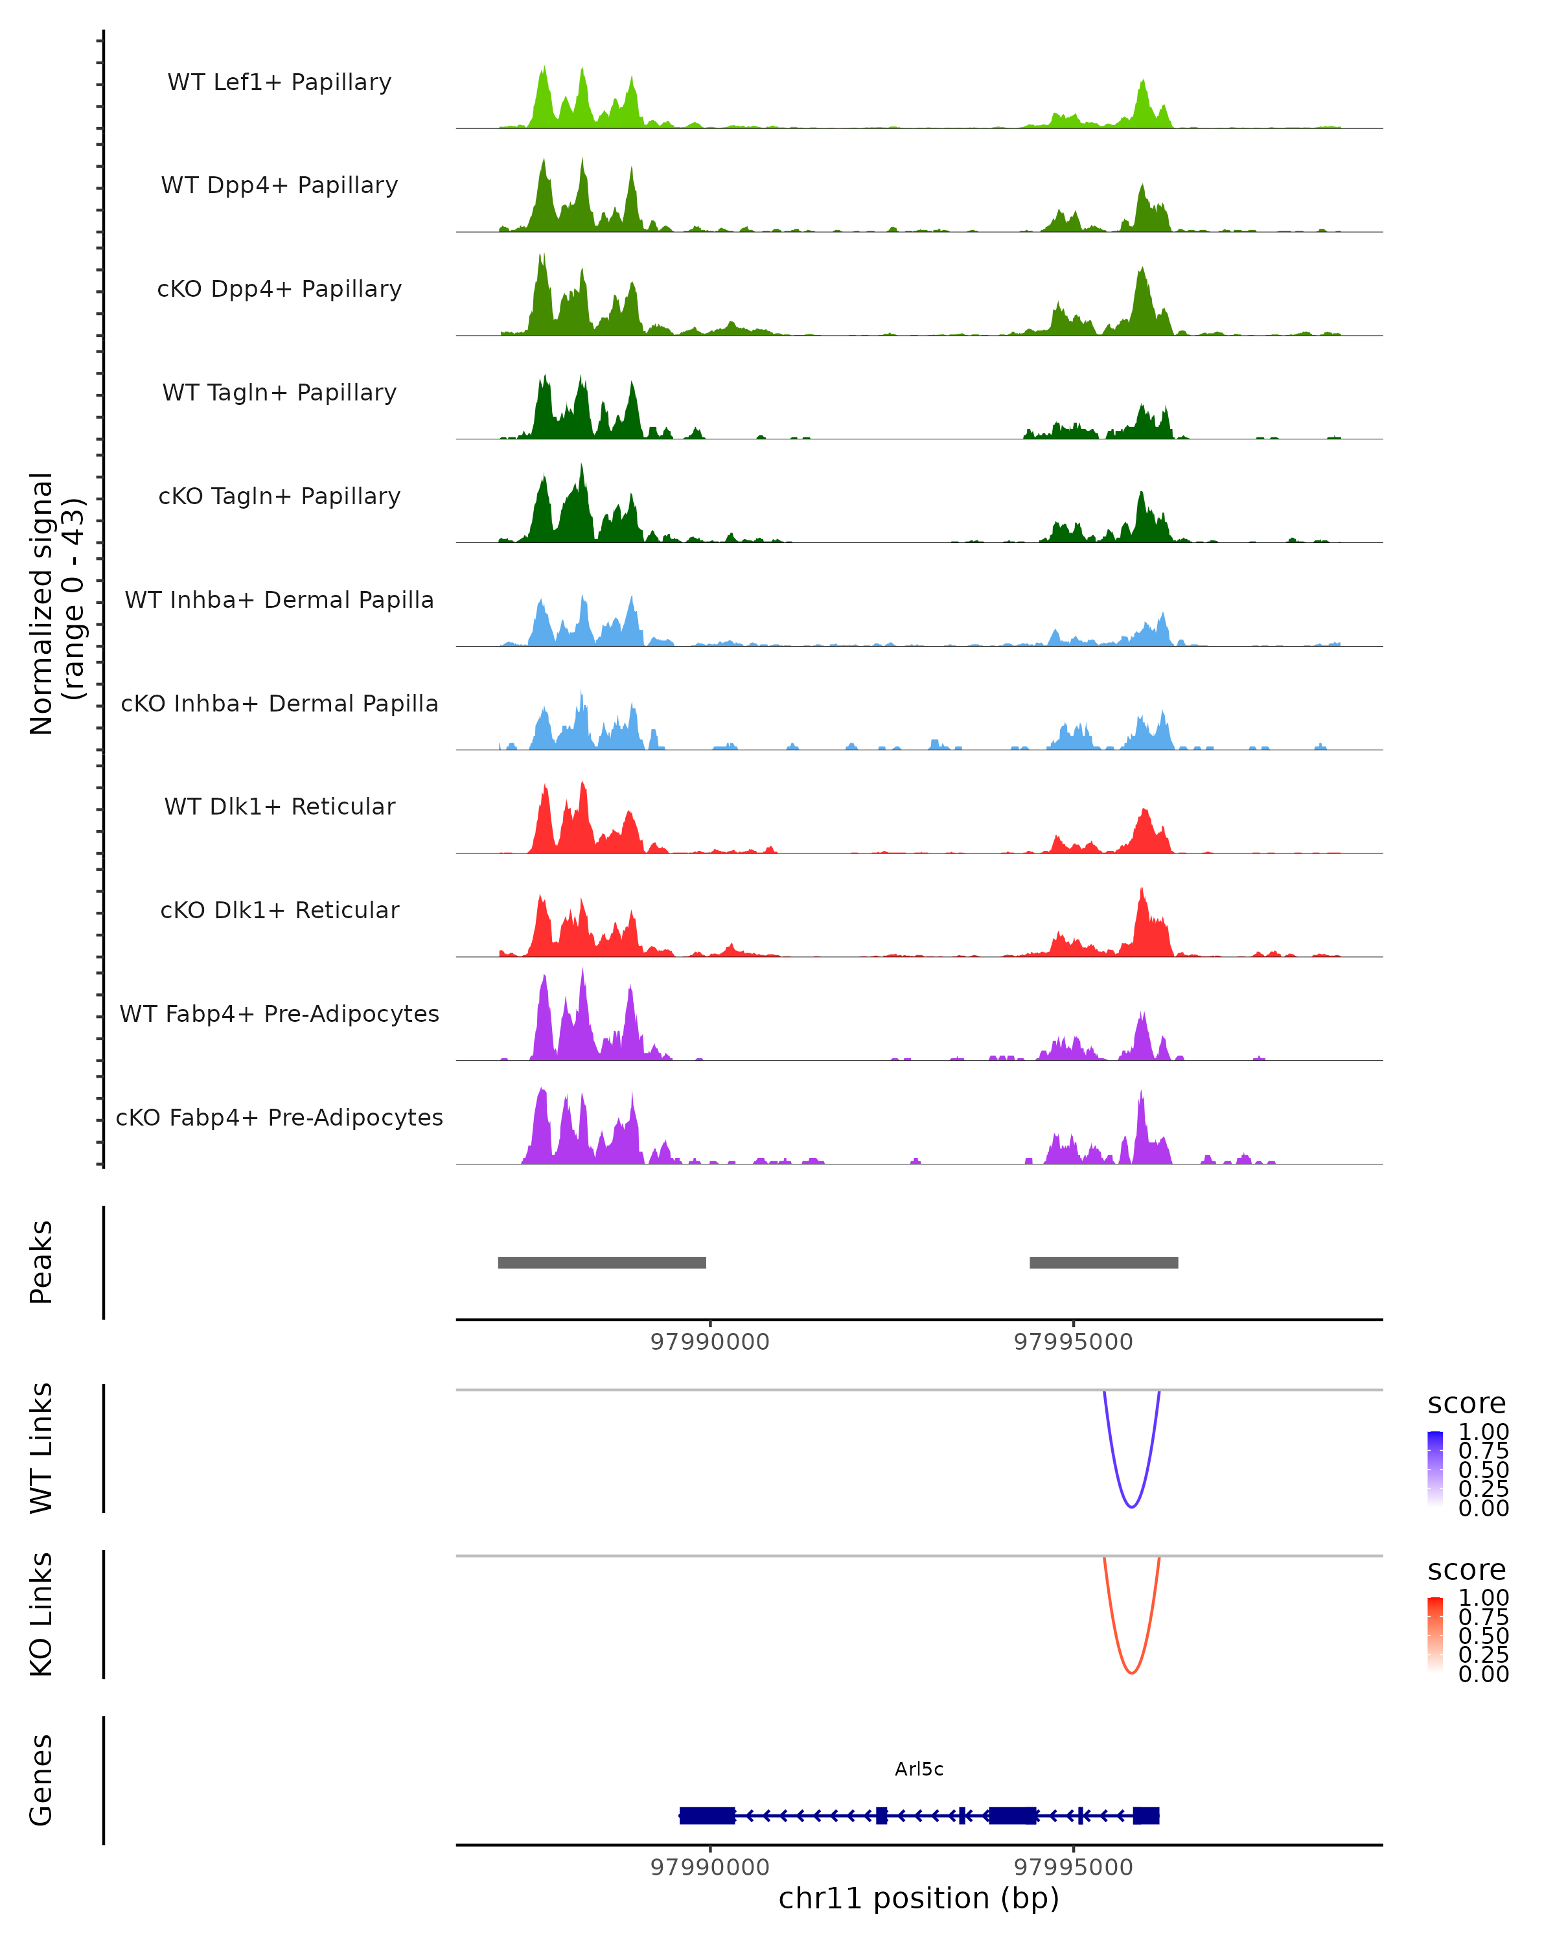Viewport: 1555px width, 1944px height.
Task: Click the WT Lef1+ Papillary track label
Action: click(x=279, y=82)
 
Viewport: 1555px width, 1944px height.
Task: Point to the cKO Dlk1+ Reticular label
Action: click(x=279, y=910)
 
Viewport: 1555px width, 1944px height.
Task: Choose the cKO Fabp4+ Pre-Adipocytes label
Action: click(x=279, y=1117)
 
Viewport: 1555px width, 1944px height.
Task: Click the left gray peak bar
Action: click(x=602, y=1262)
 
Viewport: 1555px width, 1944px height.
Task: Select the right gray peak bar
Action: click(x=1103, y=1262)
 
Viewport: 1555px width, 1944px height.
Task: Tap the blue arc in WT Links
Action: click(x=1131, y=1505)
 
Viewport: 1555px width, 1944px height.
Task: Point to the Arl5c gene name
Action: click(x=919, y=1769)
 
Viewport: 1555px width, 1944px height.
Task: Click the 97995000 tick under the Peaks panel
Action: click(x=1073, y=1342)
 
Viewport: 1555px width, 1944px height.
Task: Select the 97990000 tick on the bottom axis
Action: click(x=710, y=1868)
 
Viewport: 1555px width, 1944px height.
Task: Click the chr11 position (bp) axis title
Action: click(x=919, y=1899)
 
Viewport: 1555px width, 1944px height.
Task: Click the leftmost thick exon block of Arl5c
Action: click(x=708, y=1815)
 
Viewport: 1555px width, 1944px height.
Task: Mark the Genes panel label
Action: click(x=41, y=1780)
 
